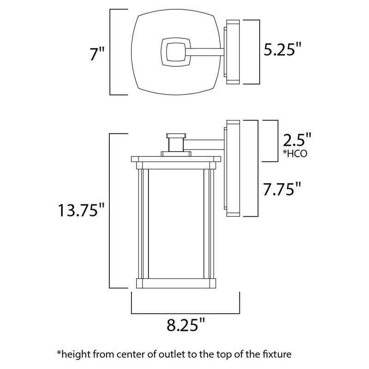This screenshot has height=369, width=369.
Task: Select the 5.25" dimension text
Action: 284,49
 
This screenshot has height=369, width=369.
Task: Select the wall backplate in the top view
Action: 232,52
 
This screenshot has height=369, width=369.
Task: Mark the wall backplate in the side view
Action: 232,169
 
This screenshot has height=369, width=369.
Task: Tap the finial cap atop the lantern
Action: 174,137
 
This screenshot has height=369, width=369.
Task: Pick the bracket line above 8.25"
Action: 185,310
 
